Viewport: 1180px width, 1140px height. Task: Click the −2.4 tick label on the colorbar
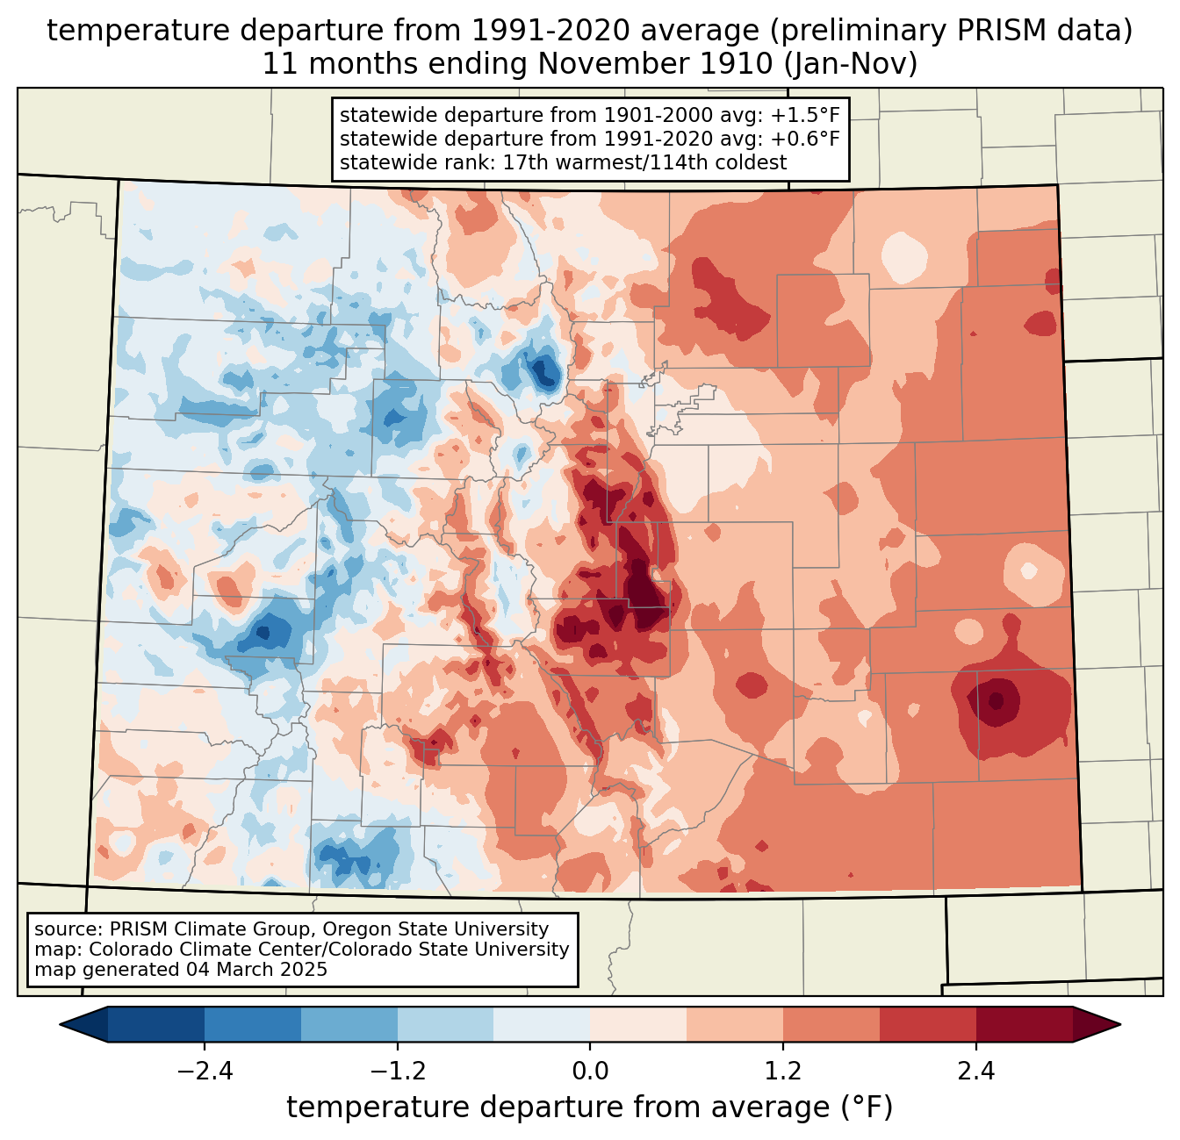pyautogui.click(x=205, y=1072)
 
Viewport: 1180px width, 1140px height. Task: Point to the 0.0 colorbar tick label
pyautogui.click(x=590, y=1072)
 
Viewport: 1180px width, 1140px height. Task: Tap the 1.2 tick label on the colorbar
pyautogui.click(x=783, y=1072)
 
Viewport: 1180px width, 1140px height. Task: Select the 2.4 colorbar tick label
pyautogui.click(x=975, y=1072)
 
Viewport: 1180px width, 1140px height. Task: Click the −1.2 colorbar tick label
pyautogui.click(x=397, y=1072)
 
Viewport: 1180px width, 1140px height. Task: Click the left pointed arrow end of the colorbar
pyautogui.click(x=83, y=1025)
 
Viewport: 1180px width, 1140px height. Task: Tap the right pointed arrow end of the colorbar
pyautogui.click(x=1097, y=1025)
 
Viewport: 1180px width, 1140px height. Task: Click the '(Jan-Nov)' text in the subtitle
pyautogui.click(x=850, y=64)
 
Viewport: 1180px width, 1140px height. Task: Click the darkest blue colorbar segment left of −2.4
pyautogui.click(x=155, y=1025)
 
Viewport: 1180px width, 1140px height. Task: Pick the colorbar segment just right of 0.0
pyautogui.click(x=638, y=1025)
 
